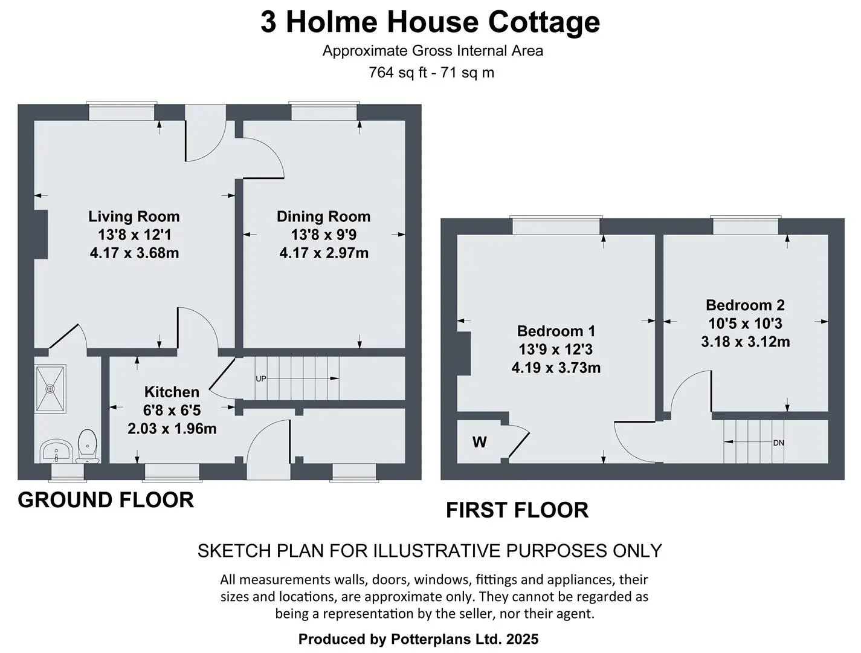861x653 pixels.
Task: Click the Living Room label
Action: click(134, 216)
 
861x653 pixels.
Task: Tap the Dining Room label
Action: click(324, 216)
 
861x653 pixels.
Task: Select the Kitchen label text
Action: click(172, 392)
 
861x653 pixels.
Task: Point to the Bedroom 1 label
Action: click(556, 331)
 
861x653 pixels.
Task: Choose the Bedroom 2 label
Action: click(745, 305)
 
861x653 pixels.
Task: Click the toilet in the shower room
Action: click(87, 446)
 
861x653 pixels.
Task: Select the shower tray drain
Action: click(50, 389)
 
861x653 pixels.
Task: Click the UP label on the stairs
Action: click(261, 378)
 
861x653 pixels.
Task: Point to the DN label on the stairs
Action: click(778, 443)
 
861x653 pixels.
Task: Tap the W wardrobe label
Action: click(479, 442)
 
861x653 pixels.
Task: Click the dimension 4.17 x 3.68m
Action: click(134, 253)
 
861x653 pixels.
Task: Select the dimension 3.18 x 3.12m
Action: click(745, 342)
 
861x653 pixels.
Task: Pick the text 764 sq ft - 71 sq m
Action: click(431, 73)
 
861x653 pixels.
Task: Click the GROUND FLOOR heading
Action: click(106, 500)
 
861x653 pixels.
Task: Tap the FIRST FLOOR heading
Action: click(517, 510)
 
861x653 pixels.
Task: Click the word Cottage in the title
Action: click(544, 23)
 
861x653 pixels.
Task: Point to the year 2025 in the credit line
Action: click(522, 639)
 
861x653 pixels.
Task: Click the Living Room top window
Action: click(121, 111)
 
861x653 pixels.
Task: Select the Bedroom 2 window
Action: click(745, 226)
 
